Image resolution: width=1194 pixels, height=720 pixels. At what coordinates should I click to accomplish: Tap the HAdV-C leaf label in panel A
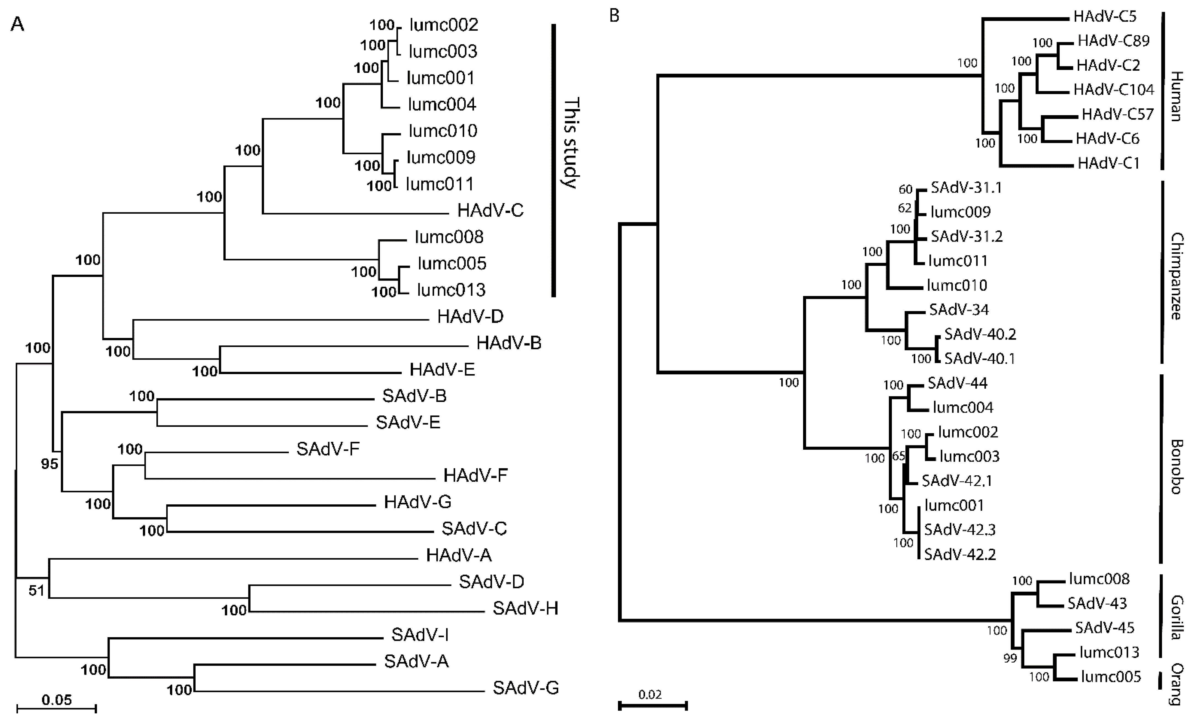(x=491, y=210)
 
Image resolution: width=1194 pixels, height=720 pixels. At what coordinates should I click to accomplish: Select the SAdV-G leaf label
(x=526, y=687)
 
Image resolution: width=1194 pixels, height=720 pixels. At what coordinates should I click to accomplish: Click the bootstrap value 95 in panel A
(x=49, y=464)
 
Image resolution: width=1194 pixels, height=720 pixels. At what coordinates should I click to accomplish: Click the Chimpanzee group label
(x=1177, y=276)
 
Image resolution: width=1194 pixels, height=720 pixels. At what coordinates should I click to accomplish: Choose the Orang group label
(x=1177, y=684)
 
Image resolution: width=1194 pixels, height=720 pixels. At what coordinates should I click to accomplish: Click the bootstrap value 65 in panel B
(x=899, y=456)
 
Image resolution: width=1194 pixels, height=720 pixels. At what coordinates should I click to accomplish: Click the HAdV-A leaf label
(x=459, y=555)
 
